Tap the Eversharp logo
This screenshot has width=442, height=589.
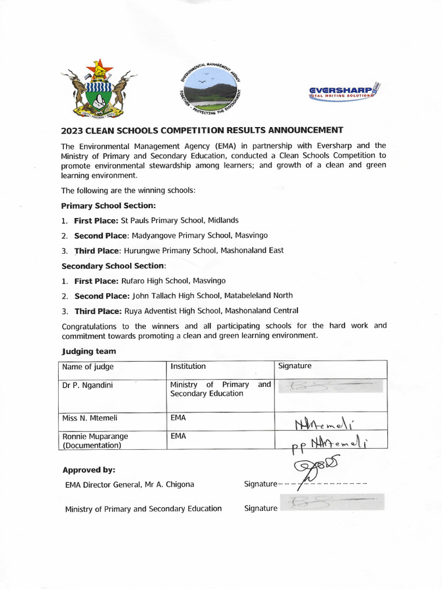click(x=343, y=92)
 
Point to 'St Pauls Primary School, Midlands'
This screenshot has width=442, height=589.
click(x=179, y=220)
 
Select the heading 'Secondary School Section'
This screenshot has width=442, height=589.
click(x=113, y=266)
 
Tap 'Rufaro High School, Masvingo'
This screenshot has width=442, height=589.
click(x=173, y=281)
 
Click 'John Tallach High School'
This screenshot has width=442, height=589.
click(x=181, y=296)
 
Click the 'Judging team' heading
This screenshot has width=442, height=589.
click(x=89, y=351)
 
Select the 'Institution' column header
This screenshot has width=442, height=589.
click(x=188, y=366)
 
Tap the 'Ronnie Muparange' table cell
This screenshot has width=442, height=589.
click(x=95, y=437)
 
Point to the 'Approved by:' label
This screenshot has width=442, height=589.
click(x=89, y=469)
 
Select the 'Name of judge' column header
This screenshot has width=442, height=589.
click(x=88, y=367)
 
